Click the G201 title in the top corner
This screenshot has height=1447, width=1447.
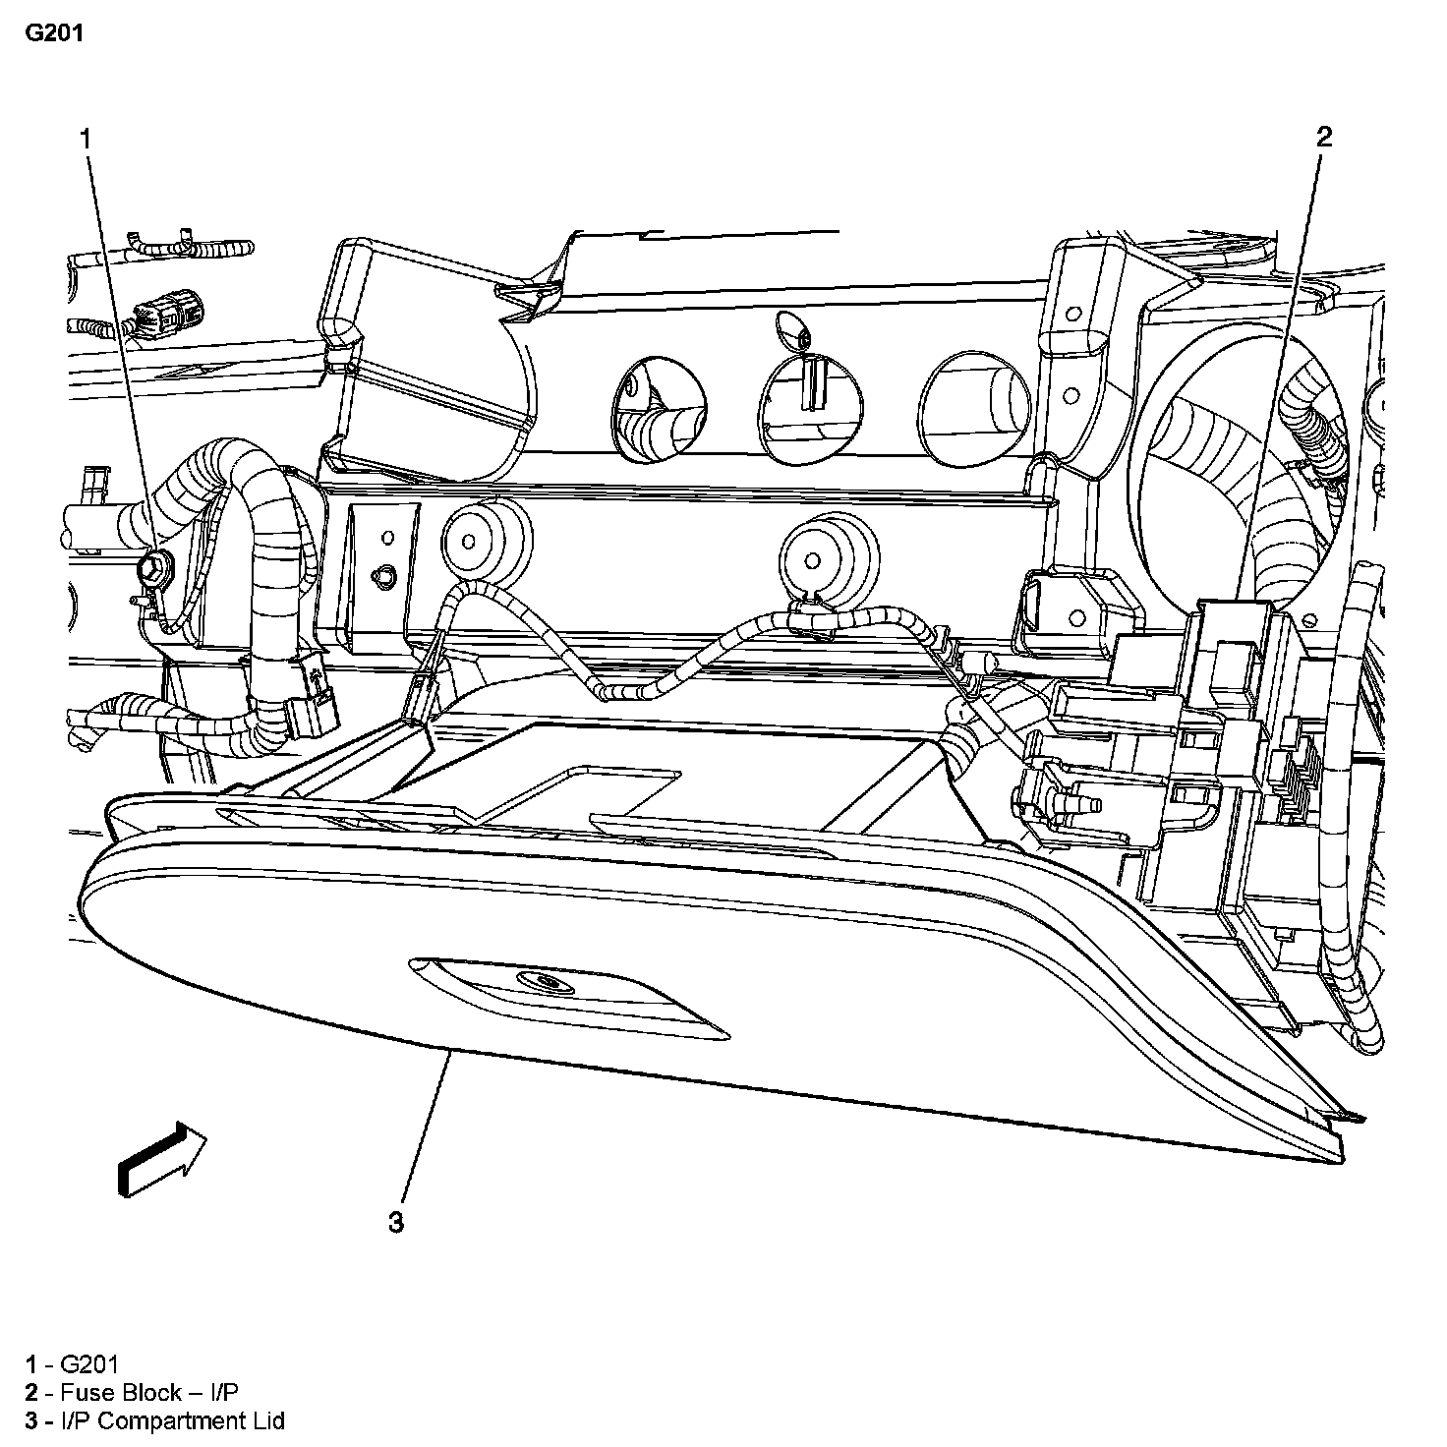pos(54,32)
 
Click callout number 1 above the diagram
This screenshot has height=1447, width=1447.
pos(87,139)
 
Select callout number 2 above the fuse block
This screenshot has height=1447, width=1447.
pos(1324,137)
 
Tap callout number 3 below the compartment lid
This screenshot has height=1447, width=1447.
pos(395,1222)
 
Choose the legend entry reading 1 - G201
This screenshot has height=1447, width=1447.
pos(73,1363)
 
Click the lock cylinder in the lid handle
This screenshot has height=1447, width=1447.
pos(538,981)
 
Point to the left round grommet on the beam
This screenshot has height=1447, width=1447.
pos(468,541)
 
